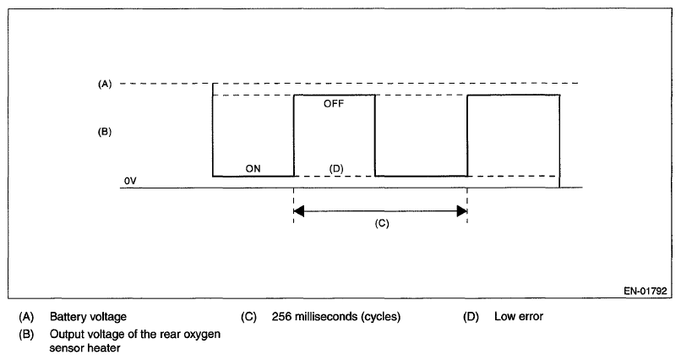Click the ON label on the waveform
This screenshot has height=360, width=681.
[x=253, y=168]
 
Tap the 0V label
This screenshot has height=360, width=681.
[x=129, y=182]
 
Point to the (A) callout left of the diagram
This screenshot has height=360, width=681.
[x=105, y=84]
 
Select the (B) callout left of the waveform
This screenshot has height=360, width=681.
[x=105, y=132]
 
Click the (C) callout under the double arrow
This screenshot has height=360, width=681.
[x=380, y=226]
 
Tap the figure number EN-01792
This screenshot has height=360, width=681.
[x=646, y=291]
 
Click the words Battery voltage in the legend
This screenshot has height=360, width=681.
[x=88, y=317]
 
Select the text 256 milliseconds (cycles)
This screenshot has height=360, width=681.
[x=336, y=317]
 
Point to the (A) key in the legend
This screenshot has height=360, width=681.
[x=28, y=317]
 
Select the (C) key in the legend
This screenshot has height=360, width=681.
[x=248, y=317]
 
